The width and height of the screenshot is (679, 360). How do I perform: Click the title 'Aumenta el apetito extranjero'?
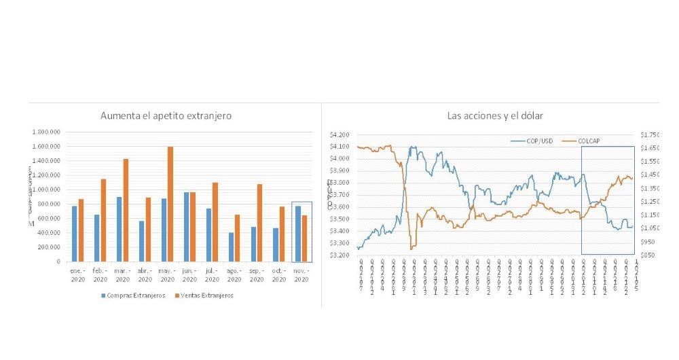click(x=166, y=115)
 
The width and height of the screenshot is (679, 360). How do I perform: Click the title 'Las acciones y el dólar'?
click(x=490, y=115)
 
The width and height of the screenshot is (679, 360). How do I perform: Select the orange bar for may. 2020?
click(x=170, y=204)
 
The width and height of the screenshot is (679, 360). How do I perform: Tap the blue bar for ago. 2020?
click(x=231, y=247)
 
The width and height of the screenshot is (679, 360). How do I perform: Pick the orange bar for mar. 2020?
click(x=126, y=210)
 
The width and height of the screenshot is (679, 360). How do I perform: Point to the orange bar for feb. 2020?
click(x=103, y=220)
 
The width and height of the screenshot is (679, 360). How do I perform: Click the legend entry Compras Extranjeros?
click(x=135, y=295)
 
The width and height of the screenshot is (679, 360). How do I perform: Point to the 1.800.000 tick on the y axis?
click(x=47, y=132)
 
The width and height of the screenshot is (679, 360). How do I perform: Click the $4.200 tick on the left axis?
click(x=339, y=134)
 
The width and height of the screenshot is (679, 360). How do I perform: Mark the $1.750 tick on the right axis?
click(x=648, y=134)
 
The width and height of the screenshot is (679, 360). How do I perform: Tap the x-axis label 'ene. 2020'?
click(x=77, y=274)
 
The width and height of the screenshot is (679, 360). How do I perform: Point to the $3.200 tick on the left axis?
click(x=339, y=255)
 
